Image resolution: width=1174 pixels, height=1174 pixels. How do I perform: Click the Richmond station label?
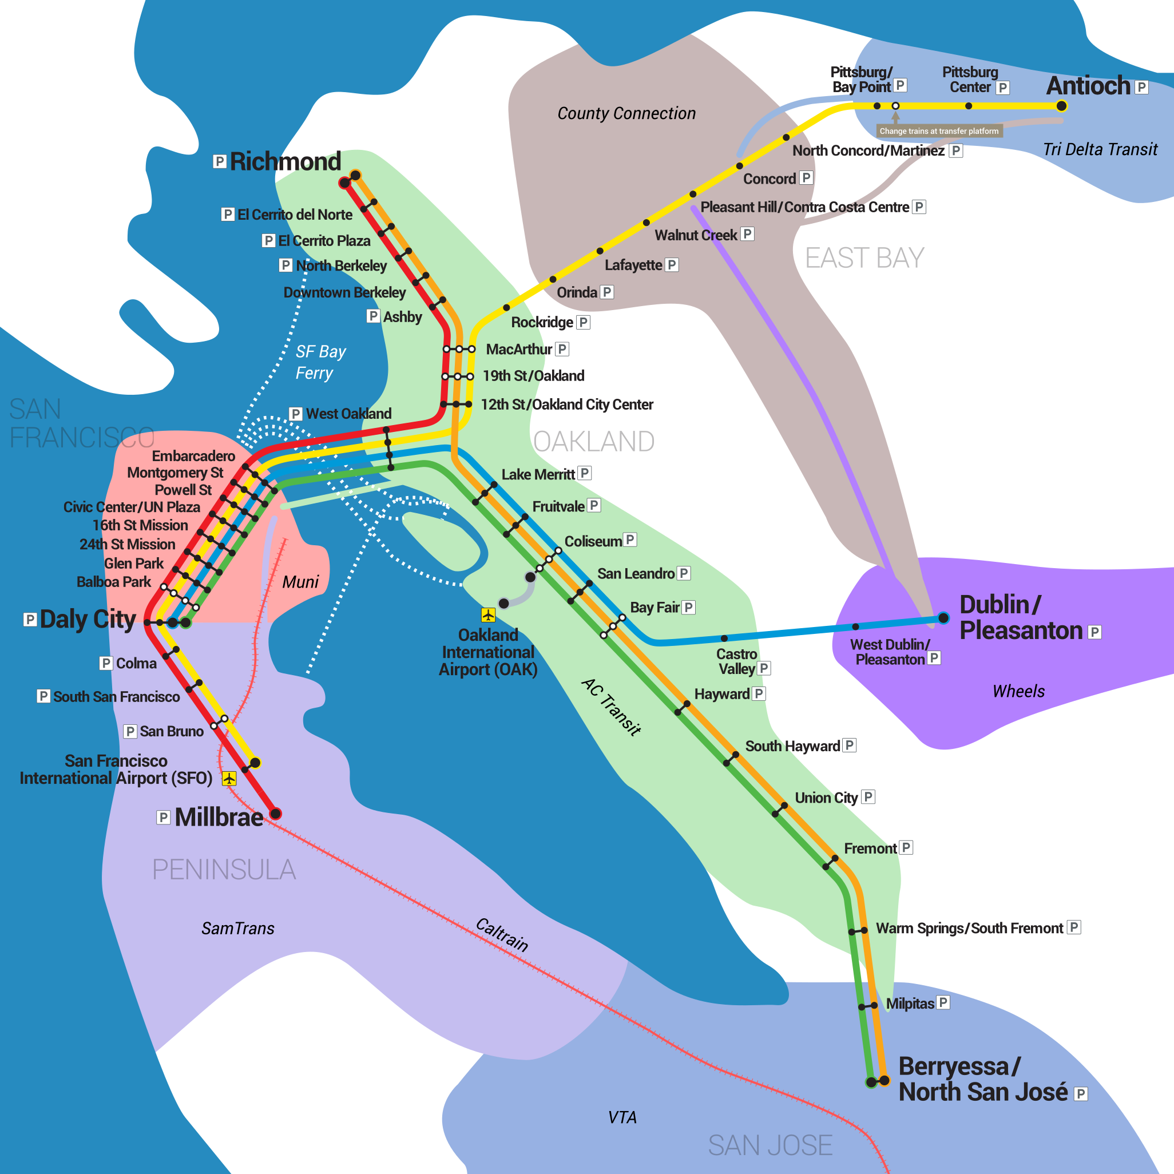[285, 162]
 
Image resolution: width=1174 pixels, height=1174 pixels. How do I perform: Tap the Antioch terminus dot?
[1062, 106]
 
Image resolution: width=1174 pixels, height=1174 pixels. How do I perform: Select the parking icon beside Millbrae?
[163, 818]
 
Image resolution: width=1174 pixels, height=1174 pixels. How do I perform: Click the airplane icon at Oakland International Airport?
[488, 615]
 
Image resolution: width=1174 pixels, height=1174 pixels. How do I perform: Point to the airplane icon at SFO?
[229, 779]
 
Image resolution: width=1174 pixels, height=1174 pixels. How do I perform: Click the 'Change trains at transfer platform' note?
[938, 131]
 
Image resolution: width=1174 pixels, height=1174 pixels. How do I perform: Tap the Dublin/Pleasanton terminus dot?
[943, 618]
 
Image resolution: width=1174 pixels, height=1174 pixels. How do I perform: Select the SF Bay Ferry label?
[320, 362]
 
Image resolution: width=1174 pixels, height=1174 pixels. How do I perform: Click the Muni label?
[300, 582]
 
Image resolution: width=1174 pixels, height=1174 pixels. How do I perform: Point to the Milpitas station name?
[910, 1004]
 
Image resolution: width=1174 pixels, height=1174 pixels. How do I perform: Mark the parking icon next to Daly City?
[30, 619]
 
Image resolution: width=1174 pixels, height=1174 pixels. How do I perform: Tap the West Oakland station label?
[348, 414]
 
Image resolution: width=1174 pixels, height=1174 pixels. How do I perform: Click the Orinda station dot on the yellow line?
[552, 280]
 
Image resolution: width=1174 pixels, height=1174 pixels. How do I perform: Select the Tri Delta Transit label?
[1100, 149]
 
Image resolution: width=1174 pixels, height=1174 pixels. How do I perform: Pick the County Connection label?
[626, 114]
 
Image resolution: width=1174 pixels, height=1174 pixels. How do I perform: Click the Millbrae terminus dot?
[275, 814]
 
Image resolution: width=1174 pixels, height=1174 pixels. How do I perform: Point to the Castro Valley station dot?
[724, 638]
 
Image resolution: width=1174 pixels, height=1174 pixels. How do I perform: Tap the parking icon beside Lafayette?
[672, 265]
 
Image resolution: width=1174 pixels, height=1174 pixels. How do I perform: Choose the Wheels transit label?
[1018, 692]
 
